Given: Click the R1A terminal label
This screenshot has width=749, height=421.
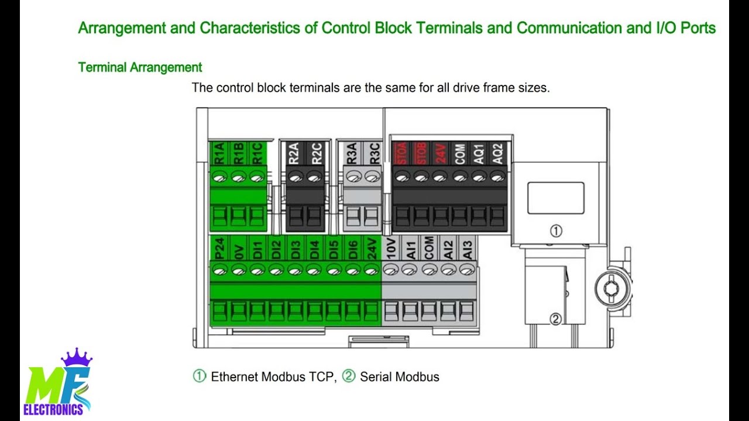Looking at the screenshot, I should point(219,153).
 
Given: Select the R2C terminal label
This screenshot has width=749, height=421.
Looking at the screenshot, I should point(317,153).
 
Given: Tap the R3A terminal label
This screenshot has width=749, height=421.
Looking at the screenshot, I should point(352,153).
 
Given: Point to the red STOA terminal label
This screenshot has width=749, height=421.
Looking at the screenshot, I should point(401,153).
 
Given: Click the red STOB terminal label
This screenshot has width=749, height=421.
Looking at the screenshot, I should point(421,153).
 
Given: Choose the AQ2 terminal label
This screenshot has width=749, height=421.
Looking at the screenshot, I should point(498,153).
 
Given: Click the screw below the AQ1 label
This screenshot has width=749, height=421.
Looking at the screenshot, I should point(479,175).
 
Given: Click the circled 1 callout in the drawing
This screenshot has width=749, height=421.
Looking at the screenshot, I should point(556,231).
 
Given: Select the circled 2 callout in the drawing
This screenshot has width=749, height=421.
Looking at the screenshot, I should point(556,319).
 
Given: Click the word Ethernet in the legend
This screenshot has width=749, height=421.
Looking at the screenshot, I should point(234,377).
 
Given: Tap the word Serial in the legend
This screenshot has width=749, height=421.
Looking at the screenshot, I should point(374,377).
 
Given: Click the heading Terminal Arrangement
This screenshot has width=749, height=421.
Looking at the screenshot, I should point(140,67).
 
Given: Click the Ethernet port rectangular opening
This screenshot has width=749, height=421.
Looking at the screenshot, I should point(555,198).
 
